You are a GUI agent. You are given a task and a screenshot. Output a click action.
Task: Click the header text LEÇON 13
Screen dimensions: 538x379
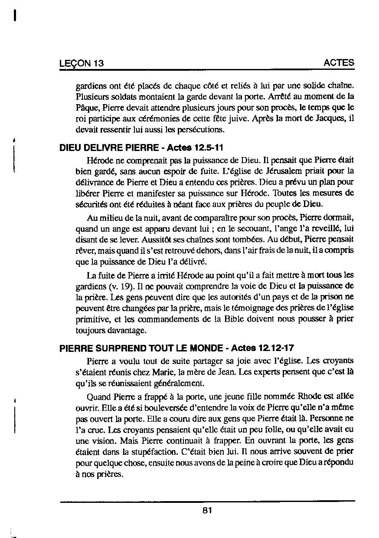click(82, 63)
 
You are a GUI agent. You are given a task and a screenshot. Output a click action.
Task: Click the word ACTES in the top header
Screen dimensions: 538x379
click(339, 62)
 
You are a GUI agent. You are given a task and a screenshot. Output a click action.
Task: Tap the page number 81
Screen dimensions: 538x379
click(207, 510)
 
